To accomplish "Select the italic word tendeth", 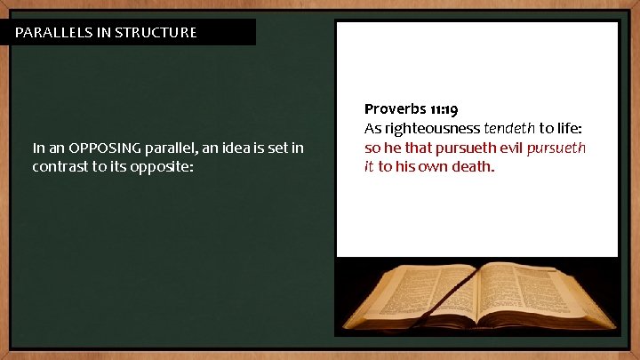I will pyautogui.click(x=509, y=128).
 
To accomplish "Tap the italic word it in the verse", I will pyautogui.click(x=368, y=166).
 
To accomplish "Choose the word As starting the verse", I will pyautogui.click(x=372, y=128).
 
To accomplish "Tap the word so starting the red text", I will pyautogui.click(x=372, y=148).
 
